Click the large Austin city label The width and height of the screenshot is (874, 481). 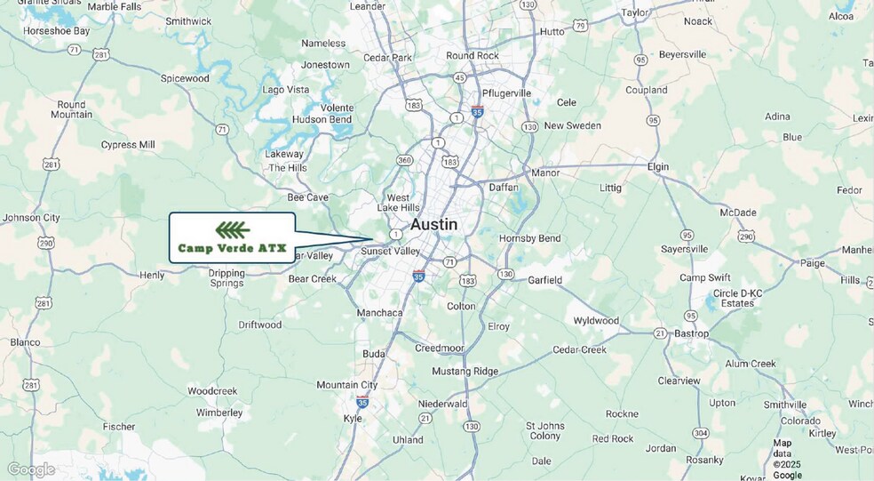coord(433,225)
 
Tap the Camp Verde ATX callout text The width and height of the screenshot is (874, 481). coord(232,248)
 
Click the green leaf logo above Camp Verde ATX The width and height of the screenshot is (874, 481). coord(232,230)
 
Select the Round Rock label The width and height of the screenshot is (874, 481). coord(473,55)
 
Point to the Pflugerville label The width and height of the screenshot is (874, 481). coord(505,93)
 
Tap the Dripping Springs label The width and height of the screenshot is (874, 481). coord(226,278)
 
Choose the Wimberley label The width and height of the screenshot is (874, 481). coord(219,413)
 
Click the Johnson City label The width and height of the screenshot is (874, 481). coord(31,218)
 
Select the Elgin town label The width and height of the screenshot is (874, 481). coord(657,167)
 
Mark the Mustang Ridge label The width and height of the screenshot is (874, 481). coord(465,371)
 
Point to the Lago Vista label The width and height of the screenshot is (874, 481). coord(285,90)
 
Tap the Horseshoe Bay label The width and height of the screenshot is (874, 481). coord(56,30)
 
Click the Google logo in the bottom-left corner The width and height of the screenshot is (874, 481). coord(31,469)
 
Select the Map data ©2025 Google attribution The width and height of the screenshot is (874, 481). coord(787,459)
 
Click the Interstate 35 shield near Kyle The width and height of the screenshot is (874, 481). coord(362,402)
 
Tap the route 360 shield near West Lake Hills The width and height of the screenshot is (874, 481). coord(404,160)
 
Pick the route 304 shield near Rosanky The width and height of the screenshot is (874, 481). coord(701,433)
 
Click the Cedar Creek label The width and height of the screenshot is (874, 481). coord(579,349)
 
